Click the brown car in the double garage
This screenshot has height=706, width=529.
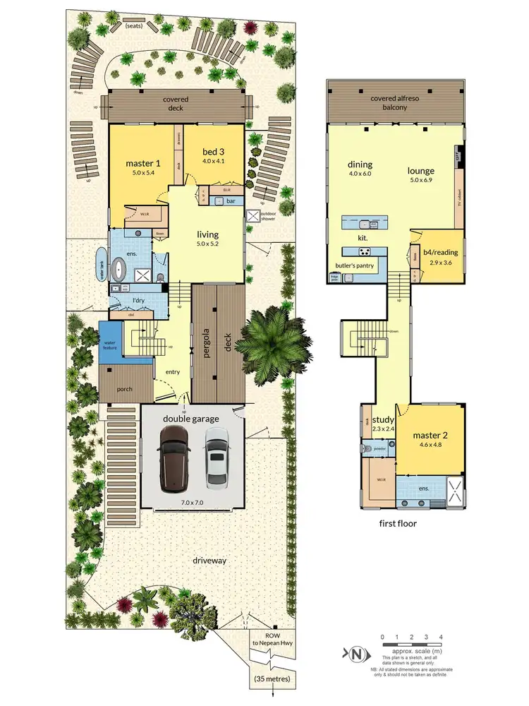tap(173, 459)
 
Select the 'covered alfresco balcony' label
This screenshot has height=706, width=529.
tap(396, 102)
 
